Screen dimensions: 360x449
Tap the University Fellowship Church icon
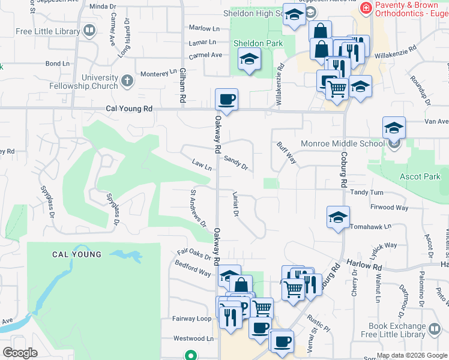(x=127, y=80)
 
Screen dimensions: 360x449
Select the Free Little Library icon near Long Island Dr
(x=89, y=30)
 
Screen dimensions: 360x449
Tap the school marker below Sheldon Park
(x=249, y=60)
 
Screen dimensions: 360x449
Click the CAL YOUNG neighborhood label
(x=76, y=254)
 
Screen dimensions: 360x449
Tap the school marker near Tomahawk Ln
(x=338, y=217)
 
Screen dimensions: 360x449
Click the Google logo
(x=20, y=353)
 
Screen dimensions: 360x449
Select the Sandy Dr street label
(x=236, y=162)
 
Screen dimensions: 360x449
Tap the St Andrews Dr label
(x=198, y=209)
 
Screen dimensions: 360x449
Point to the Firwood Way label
(x=389, y=208)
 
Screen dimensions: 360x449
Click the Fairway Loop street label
(x=192, y=319)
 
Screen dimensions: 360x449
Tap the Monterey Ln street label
(x=159, y=74)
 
